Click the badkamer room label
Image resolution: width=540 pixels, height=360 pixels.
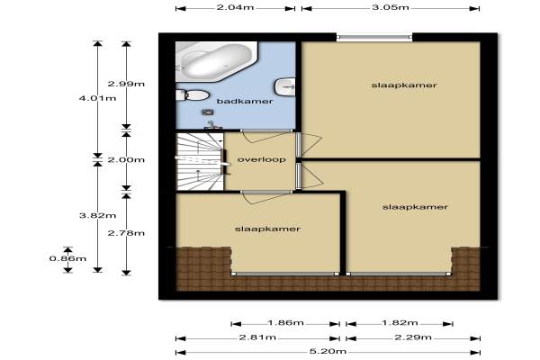click(245, 102)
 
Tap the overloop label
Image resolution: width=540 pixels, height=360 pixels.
click(261, 160)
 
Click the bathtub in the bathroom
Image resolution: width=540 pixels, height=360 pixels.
click(217, 62)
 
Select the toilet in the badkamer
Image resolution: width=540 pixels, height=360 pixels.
click(193, 95)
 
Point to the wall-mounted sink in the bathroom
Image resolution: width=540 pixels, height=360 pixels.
click(285, 87)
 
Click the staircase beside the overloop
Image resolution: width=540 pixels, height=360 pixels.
click(200, 161)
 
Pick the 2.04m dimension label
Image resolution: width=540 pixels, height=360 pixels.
click(235, 7)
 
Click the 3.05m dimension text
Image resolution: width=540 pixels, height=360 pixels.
click(391, 7)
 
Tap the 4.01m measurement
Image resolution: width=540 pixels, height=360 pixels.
click(97, 98)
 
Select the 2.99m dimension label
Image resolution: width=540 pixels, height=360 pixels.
click(126, 84)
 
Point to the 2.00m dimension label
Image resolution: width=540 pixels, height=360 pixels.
click(126, 160)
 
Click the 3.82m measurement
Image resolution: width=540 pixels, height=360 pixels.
click(97, 216)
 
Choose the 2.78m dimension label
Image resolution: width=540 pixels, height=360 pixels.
click(126, 233)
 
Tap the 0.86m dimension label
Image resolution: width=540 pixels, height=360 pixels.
click(67, 258)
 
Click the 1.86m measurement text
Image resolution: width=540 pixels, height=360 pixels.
click(285, 323)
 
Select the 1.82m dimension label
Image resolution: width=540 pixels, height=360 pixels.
click(400, 323)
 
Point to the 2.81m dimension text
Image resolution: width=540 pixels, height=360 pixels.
click(257, 337)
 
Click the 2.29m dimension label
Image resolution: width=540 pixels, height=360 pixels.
click(413, 337)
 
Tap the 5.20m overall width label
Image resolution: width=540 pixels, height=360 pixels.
click(328, 351)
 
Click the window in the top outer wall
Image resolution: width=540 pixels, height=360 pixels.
click(374, 37)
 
